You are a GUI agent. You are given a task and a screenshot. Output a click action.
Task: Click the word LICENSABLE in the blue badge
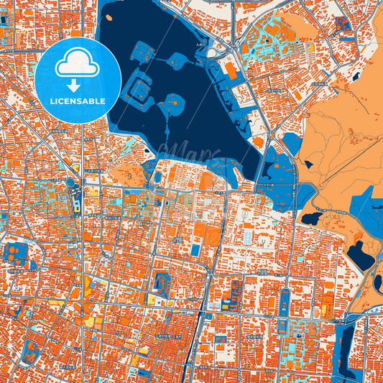coord(78,101)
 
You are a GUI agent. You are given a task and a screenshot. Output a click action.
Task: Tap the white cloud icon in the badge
coord(78,65)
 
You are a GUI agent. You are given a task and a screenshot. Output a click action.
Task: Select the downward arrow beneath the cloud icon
coord(78,86)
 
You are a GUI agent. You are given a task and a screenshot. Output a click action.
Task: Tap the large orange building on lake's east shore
coord(231,70)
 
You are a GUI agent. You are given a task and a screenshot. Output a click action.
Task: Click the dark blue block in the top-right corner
coord(343,26)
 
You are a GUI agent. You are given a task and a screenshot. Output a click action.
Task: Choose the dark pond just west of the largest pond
coord(312,217)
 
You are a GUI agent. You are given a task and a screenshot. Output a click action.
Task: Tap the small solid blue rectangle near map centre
coord(195,249)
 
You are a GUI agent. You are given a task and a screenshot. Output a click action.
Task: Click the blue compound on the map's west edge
coord(13,253)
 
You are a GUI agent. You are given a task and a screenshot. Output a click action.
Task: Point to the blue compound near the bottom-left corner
coord(33,351)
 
